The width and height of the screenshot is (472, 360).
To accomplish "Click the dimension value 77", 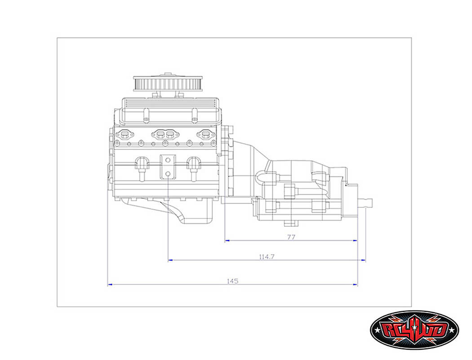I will tap(291, 237).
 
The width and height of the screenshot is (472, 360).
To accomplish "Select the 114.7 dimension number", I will tap(267, 257).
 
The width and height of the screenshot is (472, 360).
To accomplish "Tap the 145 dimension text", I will tap(232, 281).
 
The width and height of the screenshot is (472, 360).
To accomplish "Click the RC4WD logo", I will tap(414, 331).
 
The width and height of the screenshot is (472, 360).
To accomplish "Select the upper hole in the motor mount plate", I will tap(167, 160).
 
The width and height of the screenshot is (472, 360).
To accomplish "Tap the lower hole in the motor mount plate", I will tap(167, 173).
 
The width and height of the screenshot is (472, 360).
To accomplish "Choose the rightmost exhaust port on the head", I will tap(205, 134).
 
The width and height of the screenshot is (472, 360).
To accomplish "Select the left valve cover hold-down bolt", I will tap(146, 119).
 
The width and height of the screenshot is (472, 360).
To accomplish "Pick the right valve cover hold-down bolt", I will tap(194, 119).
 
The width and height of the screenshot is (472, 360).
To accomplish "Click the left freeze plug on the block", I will tap(142, 165).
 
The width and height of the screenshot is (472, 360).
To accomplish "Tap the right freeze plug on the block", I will tap(194, 165).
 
